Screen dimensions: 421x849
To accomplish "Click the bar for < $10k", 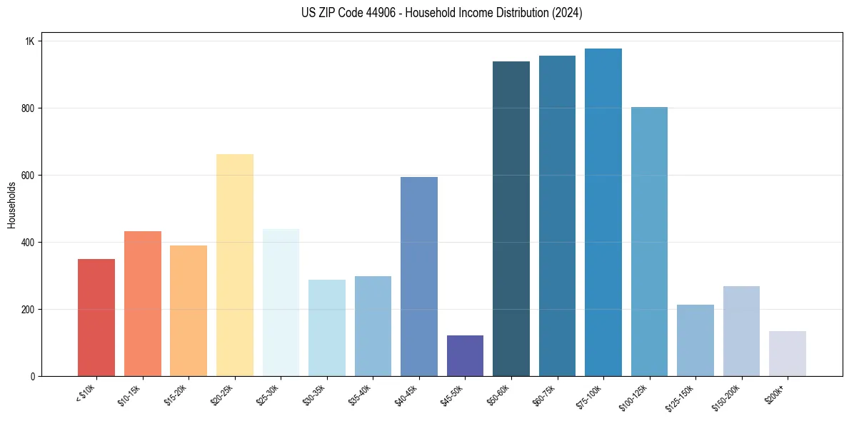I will click(x=96, y=318).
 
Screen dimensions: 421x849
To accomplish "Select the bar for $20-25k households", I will click(x=234, y=265).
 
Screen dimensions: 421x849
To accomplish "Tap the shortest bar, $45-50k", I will click(x=465, y=355).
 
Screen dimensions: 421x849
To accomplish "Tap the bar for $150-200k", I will click(x=741, y=331).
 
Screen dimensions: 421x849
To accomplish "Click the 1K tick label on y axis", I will click(x=30, y=41).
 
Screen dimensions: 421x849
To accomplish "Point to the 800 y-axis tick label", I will click(x=29, y=108).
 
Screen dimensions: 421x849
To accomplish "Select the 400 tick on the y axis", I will click(x=29, y=243).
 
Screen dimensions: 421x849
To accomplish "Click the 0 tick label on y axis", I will click(x=33, y=376).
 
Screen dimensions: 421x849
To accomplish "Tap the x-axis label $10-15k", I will click(x=130, y=394).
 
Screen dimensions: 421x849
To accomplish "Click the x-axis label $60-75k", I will click(x=544, y=394).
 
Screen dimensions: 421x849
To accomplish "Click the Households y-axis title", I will click(x=11, y=205).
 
